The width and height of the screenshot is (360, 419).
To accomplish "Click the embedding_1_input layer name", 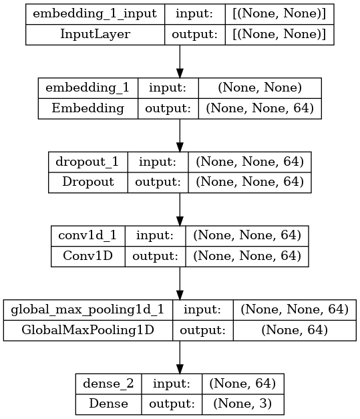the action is (95, 13).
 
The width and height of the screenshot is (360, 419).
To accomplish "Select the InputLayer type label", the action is (95, 34).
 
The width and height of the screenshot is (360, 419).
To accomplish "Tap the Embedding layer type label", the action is (88, 108).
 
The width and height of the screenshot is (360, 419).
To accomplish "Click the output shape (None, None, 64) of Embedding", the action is (260, 108).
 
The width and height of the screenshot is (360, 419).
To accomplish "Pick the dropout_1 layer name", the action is (87, 162).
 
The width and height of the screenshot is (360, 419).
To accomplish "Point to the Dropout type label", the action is (88, 182).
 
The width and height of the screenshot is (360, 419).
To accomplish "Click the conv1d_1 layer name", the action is (87, 235).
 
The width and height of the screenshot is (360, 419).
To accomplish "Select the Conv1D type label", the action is (88, 256).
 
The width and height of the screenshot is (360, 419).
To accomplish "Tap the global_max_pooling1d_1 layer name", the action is (87, 309).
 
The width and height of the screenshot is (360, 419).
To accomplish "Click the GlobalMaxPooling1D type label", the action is (88, 330).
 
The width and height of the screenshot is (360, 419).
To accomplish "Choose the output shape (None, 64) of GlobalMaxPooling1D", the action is (295, 330).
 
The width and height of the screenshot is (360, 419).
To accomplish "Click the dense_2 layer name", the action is (108, 384).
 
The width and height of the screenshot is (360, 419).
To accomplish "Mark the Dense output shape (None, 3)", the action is (242, 404).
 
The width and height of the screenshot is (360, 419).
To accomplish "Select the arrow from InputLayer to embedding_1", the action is (180, 61).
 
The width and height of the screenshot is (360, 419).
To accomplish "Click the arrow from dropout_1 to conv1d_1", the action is (180, 209).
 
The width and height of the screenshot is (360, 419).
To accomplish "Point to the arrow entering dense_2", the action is (180, 358).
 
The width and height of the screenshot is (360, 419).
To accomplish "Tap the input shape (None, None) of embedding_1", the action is (260, 88).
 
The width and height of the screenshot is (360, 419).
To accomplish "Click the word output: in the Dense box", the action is (172, 404).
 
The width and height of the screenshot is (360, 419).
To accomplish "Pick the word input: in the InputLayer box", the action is (194, 13).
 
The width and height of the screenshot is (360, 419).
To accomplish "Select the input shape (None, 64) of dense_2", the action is (242, 384).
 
